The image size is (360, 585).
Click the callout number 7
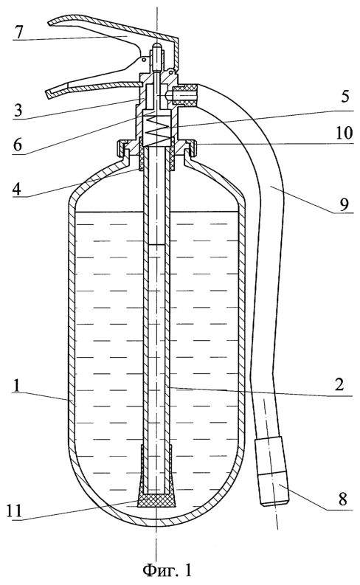pyautogui.click(x=18, y=32)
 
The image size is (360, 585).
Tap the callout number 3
pyautogui.click(x=18, y=111)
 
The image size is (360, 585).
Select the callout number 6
pyautogui.click(x=18, y=144)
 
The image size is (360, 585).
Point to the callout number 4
pyautogui.click(x=18, y=188)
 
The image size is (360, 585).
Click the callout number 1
pyautogui.click(x=18, y=386)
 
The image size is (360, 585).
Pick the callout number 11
pyautogui.click(x=15, y=510)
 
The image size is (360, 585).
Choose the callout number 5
pyautogui.click(x=345, y=96)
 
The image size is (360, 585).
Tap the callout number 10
pyautogui.click(x=344, y=133)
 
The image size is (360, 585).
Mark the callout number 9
pyautogui.click(x=344, y=204)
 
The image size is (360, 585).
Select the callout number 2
pyautogui.click(x=339, y=384)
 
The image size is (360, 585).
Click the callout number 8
pyautogui.click(x=343, y=499)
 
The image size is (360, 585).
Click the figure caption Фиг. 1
pyautogui.click(x=167, y=570)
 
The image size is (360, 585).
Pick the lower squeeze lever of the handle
pyautogui.click(x=93, y=84)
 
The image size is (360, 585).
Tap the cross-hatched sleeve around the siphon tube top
pyautogui.click(x=156, y=153)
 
